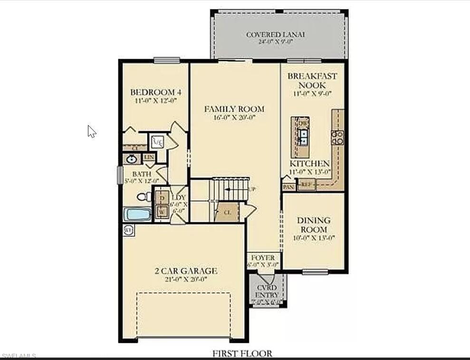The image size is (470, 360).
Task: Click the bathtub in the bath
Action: pyautogui.click(x=137, y=214)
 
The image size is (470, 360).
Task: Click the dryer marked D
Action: pyautogui.click(x=162, y=197)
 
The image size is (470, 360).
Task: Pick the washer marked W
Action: pyautogui.click(x=162, y=212)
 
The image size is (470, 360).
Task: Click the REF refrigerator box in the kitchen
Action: pyautogui.click(x=307, y=185)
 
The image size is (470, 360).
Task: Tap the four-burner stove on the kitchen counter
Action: pyautogui.click(x=337, y=137)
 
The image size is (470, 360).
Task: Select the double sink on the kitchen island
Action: pyautogui.click(x=303, y=137)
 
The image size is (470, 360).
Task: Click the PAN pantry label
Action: pyautogui.click(x=288, y=187)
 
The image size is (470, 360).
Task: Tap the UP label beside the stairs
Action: pyautogui.click(x=252, y=189)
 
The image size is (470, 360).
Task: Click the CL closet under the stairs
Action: pyautogui.click(x=227, y=213)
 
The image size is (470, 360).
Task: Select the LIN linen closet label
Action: pyautogui.click(x=149, y=157)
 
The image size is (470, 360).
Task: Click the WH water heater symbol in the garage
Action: pyautogui.click(x=128, y=230)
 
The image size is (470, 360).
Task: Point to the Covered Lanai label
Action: pyautogui.click(x=275, y=35)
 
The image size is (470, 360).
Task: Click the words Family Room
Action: pyautogui.click(x=234, y=109)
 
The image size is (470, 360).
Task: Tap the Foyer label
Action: pyautogui.click(x=263, y=258)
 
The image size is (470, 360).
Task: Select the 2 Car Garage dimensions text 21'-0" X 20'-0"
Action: pyautogui.click(x=186, y=279)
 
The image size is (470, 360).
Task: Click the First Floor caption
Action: pyautogui.click(x=242, y=353)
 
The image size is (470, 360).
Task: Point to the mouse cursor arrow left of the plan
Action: pyautogui.click(x=91, y=131)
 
